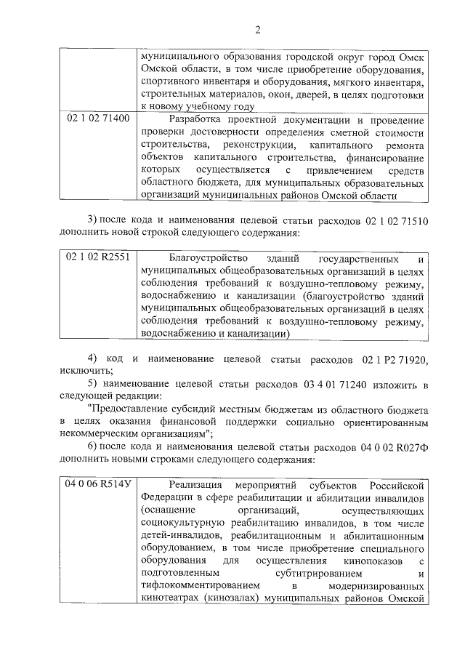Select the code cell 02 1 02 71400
coord(98,119)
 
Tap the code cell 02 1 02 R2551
coord(97,258)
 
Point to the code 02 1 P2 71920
coord(390,360)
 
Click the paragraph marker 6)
coord(92,445)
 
